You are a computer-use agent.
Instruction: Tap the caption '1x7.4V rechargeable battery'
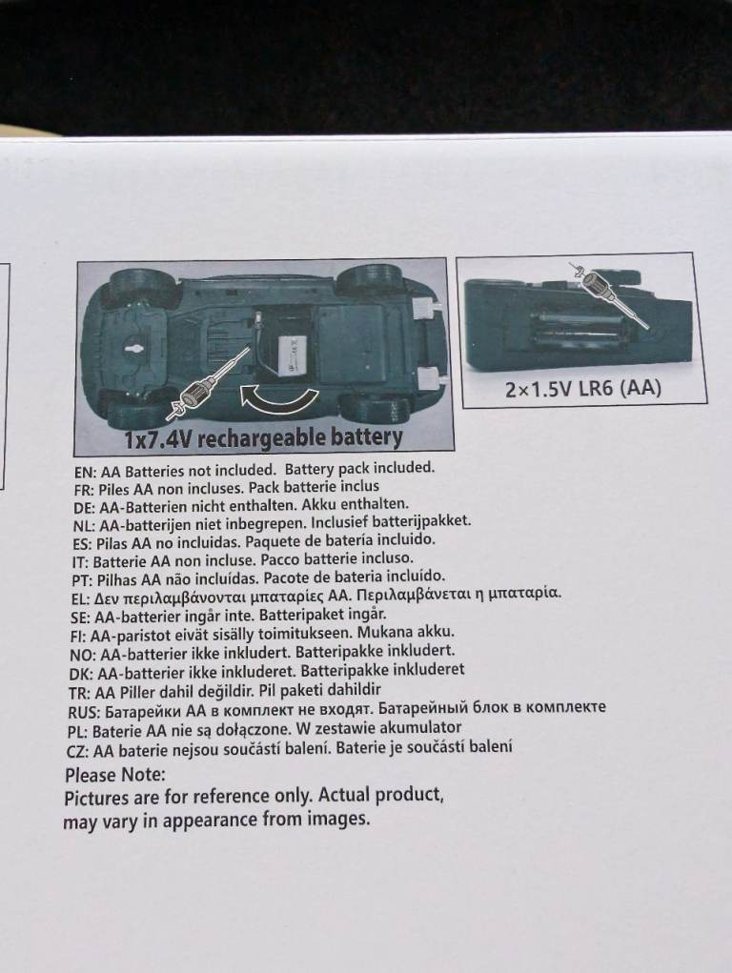(263, 437)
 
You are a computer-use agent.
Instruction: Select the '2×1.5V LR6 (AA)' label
(583, 389)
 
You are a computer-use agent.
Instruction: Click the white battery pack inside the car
(292, 355)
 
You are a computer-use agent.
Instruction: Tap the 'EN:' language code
(85, 473)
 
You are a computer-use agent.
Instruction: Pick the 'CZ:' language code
(78, 752)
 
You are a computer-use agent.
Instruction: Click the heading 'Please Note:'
(115, 775)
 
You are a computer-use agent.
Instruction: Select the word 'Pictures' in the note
(94, 798)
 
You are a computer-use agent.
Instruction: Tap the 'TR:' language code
(80, 693)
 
